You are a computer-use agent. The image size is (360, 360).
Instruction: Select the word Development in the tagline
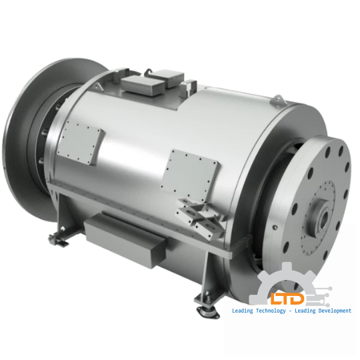(329, 311)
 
